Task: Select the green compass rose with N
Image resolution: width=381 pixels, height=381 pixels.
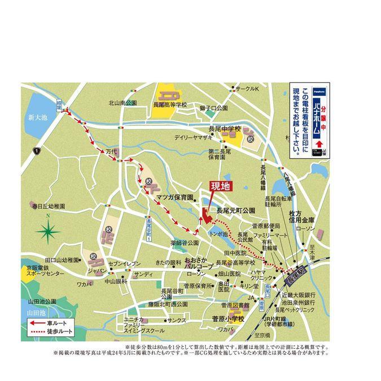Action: [x=49, y=230]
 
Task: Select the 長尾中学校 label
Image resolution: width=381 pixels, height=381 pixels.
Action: [x=224, y=129]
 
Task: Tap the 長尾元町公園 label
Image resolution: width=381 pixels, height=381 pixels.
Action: [x=236, y=209]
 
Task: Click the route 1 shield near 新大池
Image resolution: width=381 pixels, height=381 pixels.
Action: [x=36, y=151]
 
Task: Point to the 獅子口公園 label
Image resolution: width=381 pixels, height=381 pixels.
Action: [x=213, y=107]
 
